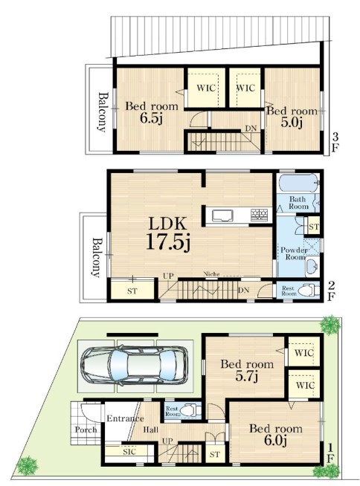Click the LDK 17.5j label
click(x=168, y=233)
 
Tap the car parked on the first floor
click(x=135, y=366)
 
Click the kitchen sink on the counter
click(x=222, y=216)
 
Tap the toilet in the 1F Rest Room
click(x=190, y=411)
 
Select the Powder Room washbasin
click(x=312, y=266)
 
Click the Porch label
click(x=86, y=430)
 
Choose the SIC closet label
click(x=129, y=452)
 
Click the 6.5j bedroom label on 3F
click(x=152, y=112)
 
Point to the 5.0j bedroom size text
click(x=292, y=123)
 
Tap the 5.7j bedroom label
click(x=247, y=370)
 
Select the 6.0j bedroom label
click(x=276, y=435)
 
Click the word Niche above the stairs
click(x=211, y=274)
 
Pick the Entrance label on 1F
click(x=125, y=418)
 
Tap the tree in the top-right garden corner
click(x=330, y=325)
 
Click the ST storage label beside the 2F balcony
click(x=132, y=291)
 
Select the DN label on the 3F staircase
click(x=251, y=129)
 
